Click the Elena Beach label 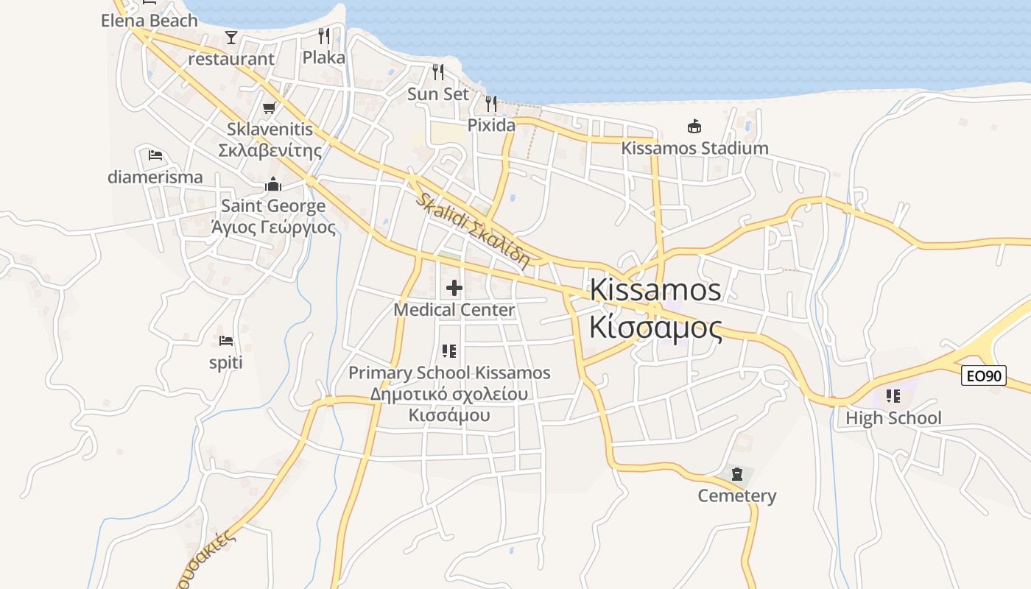pyautogui.click(x=149, y=21)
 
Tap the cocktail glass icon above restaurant pyautogui.click(x=231, y=37)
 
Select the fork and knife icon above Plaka pyautogui.click(x=324, y=35)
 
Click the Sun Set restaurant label pyautogui.click(x=438, y=94)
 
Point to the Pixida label pyautogui.click(x=491, y=125)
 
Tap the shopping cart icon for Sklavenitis pyautogui.click(x=270, y=108)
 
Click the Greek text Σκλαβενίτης pyautogui.click(x=270, y=151)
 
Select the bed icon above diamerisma pyautogui.click(x=155, y=155)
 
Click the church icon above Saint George pyautogui.click(x=273, y=184)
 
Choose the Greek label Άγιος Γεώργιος pyautogui.click(x=273, y=227)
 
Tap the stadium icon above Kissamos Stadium pyautogui.click(x=694, y=126)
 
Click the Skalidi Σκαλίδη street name pyautogui.click(x=472, y=229)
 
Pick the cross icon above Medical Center pyautogui.click(x=454, y=288)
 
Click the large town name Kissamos pyautogui.click(x=655, y=289)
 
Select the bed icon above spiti pyautogui.click(x=226, y=341)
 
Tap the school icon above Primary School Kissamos pyautogui.click(x=449, y=351)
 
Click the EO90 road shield pyautogui.click(x=984, y=376)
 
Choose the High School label pyautogui.click(x=893, y=418)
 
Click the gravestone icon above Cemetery pyautogui.click(x=737, y=474)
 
